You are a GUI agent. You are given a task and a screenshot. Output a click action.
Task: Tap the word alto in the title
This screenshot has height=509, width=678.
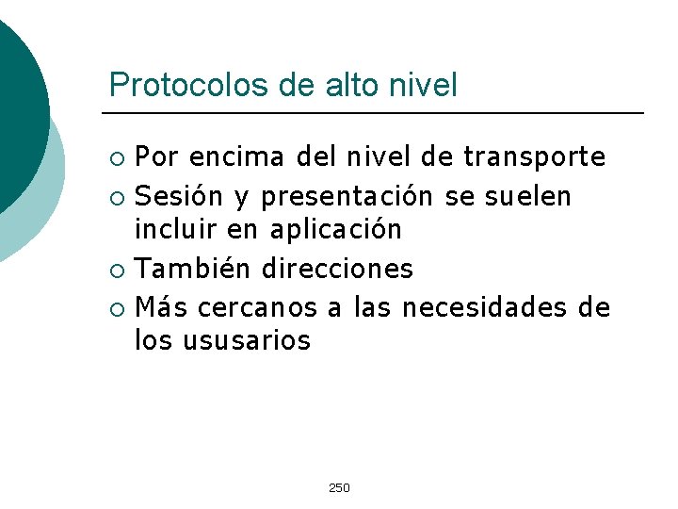pos(348,86)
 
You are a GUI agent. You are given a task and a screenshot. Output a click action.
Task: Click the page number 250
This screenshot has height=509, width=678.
pos(339,487)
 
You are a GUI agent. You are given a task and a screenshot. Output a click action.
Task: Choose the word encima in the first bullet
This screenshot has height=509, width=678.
pos(234,156)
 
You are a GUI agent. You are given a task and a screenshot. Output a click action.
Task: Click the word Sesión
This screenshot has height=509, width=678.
pos(179,196)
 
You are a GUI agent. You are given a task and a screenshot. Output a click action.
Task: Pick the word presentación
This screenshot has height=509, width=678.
pos(347,196)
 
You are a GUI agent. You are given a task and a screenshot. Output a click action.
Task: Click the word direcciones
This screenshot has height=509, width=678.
pos(338,269)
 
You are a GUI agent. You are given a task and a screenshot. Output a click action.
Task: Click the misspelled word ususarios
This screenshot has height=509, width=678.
pos(250,339)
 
